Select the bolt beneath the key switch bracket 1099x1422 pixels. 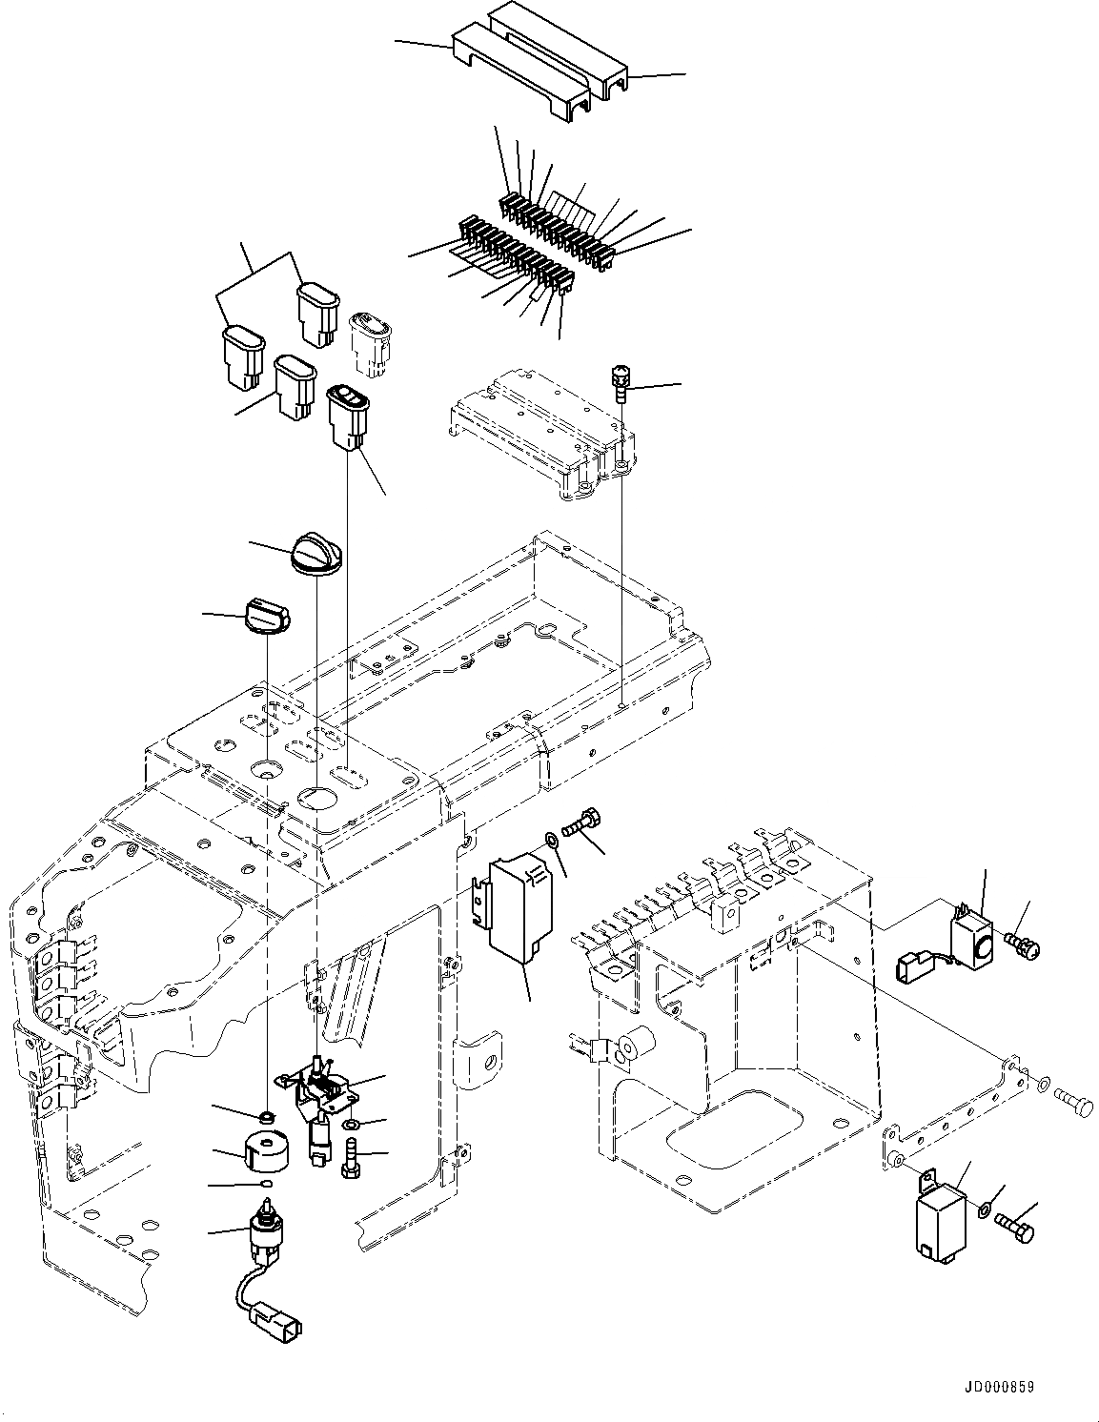(x=349, y=1161)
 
